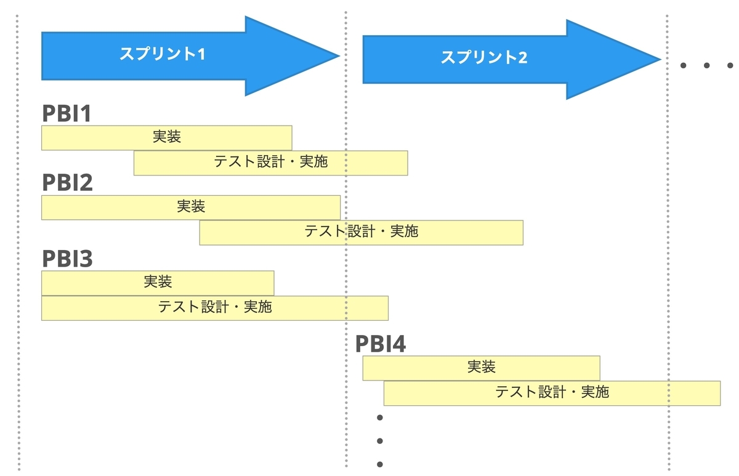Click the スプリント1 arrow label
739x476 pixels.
(x=163, y=54)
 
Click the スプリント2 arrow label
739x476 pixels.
(x=484, y=57)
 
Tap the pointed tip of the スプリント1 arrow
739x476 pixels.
(x=339, y=56)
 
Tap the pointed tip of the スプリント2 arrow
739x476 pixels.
(x=661, y=59)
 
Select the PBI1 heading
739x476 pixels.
(x=67, y=113)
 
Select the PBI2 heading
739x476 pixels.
(x=67, y=182)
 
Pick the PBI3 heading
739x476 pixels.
(x=67, y=259)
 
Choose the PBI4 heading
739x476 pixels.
(x=381, y=344)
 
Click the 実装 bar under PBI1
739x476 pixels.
(x=167, y=137)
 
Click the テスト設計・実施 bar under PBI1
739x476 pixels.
(x=271, y=163)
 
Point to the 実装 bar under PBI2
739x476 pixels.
(x=191, y=208)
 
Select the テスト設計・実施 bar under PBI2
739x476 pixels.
(x=361, y=233)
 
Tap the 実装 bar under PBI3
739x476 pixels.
(x=158, y=283)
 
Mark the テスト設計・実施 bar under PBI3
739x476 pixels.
(x=215, y=308)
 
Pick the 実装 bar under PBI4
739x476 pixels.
(x=482, y=368)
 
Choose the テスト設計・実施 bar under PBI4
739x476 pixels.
(x=552, y=393)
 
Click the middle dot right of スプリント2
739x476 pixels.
(x=707, y=65)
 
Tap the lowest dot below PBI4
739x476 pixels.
(x=380, y=464)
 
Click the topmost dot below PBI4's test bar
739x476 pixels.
(x=380, y=418)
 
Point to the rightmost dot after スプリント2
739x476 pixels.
(x=730, y=65)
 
